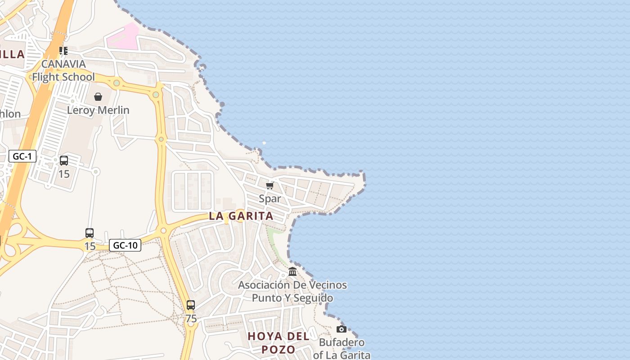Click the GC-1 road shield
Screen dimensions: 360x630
(x=22, y=157)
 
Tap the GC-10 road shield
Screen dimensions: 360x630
(x=125, y=245)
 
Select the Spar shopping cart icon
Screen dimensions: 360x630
(x=270, y=186)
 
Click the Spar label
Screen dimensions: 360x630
(x=270, y=198)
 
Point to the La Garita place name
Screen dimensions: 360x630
(x=241, y=216)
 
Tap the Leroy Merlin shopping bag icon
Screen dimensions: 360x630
(x=98, y=97)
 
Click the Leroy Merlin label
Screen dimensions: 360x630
(x=98, y=110)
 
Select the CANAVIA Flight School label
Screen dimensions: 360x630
(x=63, y=70)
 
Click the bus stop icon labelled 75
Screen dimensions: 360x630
(x=191, y=305)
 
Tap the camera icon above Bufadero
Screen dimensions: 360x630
(x=342, y=329)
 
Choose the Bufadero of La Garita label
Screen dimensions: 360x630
(x=342, y=349)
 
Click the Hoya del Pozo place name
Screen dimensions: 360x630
(x=278, y=343)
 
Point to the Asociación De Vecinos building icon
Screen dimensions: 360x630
(x=292, y=272)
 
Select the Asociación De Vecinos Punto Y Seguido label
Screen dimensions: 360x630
(x=292, y=292)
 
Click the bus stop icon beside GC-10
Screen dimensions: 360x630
(x=90, y=233)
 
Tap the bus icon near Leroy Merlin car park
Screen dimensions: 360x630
(x=64, y=161)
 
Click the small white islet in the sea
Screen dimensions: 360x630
(x=264, y=143)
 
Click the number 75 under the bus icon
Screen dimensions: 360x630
(x=191, y=319)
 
